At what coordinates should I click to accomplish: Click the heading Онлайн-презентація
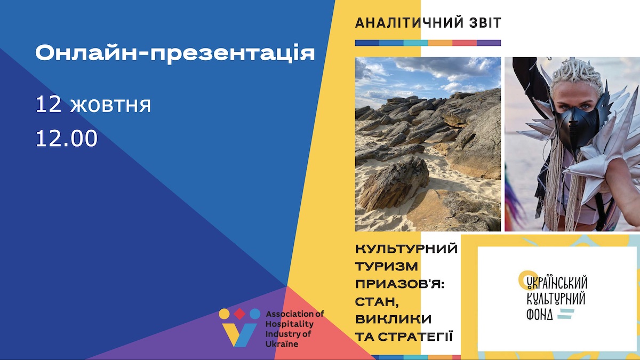[175, 53]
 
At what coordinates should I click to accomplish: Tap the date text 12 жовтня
[93, 105]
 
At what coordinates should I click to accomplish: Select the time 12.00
[67, 138]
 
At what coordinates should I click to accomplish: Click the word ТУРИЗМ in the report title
[387, 267]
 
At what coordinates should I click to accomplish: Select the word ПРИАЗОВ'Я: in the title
[400, 284]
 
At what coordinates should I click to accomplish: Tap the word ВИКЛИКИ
[394, 319]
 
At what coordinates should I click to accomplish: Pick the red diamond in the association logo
[239, 314]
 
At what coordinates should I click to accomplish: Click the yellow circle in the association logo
[225, 314]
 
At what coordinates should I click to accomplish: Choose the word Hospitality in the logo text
[290, 324]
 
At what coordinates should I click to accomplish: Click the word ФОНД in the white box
[539, 315]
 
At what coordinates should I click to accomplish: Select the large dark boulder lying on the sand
[394, 183]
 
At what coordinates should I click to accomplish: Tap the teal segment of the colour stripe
[415, 43]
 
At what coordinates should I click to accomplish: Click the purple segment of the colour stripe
[489, 43]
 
